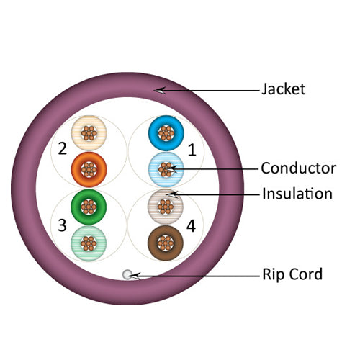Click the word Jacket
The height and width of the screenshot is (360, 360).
(283, 89)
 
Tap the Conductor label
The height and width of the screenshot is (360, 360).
(298, 168)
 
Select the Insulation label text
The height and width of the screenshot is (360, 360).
(297, 194)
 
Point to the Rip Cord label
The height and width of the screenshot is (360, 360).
(292, 274)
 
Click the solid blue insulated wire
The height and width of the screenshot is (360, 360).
(166, 132)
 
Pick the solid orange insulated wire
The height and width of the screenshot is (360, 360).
(89, 169)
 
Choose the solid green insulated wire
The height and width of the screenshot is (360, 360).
(89, 206)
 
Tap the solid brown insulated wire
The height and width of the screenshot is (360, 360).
(166, 241)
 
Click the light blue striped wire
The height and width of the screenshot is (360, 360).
(166, 169)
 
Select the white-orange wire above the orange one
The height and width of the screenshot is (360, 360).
(89, 133)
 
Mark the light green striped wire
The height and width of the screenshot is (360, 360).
(89, 242)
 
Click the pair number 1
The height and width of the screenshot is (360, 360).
(192, 150)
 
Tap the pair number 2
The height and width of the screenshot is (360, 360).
(63, 149)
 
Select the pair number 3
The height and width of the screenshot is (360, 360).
(63, 225)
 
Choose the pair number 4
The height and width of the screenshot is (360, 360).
(191, 225)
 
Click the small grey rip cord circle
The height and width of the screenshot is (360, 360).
(127, 274)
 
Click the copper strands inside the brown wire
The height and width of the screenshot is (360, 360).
(166, 241)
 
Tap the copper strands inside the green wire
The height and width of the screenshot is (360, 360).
(89, 206)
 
